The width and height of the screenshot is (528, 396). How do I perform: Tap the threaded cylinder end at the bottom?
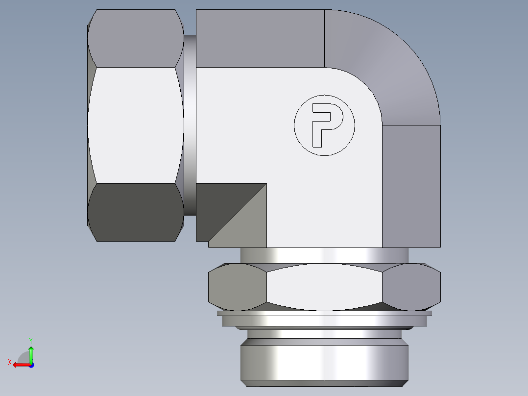click(324, 363)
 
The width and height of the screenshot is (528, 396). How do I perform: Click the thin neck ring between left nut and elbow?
click(190, 125)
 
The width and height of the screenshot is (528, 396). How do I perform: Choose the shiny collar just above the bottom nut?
click(324, 255)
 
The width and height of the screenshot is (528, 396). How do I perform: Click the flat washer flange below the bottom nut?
click(324, 320)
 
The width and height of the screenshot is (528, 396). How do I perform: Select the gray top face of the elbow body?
click(260, 38)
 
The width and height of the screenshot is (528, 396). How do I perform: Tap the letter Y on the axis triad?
click(30, 340)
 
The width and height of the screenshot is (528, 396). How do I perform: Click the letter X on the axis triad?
click(9, 363)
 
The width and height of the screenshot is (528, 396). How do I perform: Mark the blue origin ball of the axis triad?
click(31, 365)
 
